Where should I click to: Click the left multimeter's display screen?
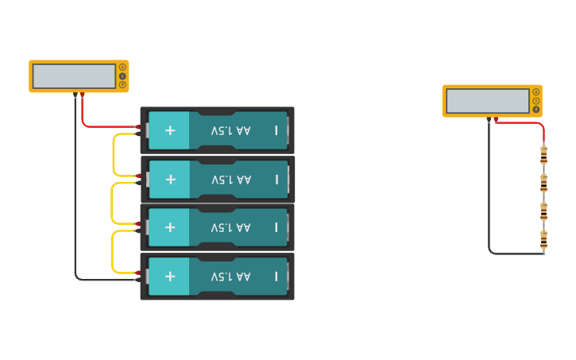(74, 76)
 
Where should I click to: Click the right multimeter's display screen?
(487, 101)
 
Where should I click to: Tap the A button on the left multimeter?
(122, 67)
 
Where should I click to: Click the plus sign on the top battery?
(169, 130)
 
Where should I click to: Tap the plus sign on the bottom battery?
(169, 276)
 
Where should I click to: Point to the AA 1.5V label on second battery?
(230, 180)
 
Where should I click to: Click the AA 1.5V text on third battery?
(230, 228)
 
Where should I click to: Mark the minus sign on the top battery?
(276, 130)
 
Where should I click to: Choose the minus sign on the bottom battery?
(276, 276)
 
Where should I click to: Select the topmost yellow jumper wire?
(114, 155)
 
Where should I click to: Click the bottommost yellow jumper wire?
(112, 253)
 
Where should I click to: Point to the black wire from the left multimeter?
(75, 199)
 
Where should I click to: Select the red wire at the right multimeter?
(524, 122)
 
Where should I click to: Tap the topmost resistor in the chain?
(543, 153)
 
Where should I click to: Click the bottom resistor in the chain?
(543, 238)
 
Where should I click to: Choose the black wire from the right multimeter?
(489, 199)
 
